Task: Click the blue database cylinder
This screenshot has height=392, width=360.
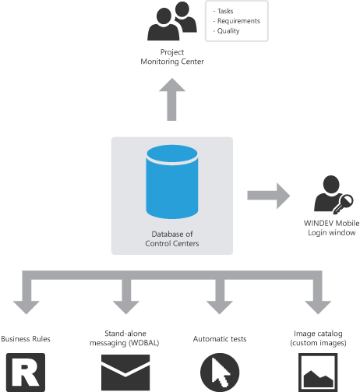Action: pyautogui.click(x=172, y=182)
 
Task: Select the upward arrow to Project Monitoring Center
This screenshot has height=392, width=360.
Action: pyautogui.click(x=172, y=99)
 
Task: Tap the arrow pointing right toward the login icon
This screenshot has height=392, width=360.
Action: pyautogui.click(x=269, y=196)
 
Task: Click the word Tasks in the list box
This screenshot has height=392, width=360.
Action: pyautogui.click(x=225, y=11)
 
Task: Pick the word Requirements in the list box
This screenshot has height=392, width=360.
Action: pyautogui.click(x=238, y=21)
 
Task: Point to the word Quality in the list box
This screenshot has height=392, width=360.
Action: pyautogui.click(x=228, y=31)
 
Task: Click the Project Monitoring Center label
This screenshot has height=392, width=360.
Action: pyautogui.click(x=172, y=57)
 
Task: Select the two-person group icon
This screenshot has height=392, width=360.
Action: pyautogui.click(x=172, y=21)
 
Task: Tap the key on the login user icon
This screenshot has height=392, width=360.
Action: pyautogui.click(x=343, y=204)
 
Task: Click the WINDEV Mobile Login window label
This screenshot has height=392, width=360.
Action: pyautogui.click(x=332, y=228)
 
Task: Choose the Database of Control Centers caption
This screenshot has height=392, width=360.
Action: pyautogui.click(x=172, y=238)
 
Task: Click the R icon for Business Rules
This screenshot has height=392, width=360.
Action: pyautogui.click(x=26, y=373)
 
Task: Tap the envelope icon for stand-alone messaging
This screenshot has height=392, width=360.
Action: pyautogui.click(x=125, y=373)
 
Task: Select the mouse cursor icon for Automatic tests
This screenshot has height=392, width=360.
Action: pyautogui.click(x=220, y=373)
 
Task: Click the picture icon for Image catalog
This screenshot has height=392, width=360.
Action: pyautogui.click(x=318, y=373)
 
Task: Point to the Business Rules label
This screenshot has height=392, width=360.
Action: pyautogui.click(x=26, y=339)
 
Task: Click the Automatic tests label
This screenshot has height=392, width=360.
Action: pyautogui.click(x=220, y=339)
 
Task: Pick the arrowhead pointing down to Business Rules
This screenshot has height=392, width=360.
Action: pyautogui.click(x=26, y=307)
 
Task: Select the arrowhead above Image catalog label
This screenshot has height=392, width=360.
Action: pyautogui.click(x=318, y=307)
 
